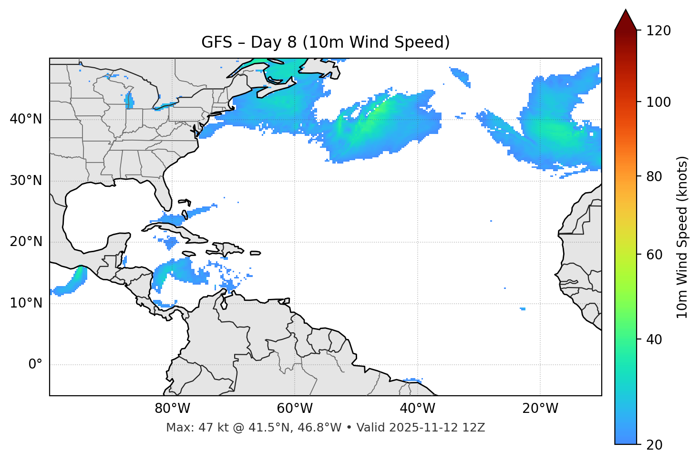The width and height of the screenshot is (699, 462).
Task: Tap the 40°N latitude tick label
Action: click(26, 119)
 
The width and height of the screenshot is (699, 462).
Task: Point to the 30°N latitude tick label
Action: click(26, 181)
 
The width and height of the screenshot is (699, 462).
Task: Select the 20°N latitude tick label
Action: click(26, 242)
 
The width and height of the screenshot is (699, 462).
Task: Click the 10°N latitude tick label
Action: click(26, 303)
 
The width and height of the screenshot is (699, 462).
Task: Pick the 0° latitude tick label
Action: click(35, 365)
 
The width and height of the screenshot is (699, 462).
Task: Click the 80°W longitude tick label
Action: click(172, 409)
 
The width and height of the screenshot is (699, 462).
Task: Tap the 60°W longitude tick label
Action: click(295, 409)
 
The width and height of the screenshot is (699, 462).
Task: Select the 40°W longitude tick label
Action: click(417, 409)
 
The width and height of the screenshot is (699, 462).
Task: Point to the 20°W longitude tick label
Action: click(540, 409)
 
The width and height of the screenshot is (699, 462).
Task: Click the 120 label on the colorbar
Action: click(658, 31)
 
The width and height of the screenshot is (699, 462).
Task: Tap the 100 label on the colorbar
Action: click(658, 102)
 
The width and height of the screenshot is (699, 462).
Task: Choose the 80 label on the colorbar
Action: click(655, 176)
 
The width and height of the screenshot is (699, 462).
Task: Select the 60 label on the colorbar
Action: click(655, 255)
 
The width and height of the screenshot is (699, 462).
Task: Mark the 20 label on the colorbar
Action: click(655, 445)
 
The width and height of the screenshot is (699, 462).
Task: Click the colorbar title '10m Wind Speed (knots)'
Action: click(682, 237)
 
